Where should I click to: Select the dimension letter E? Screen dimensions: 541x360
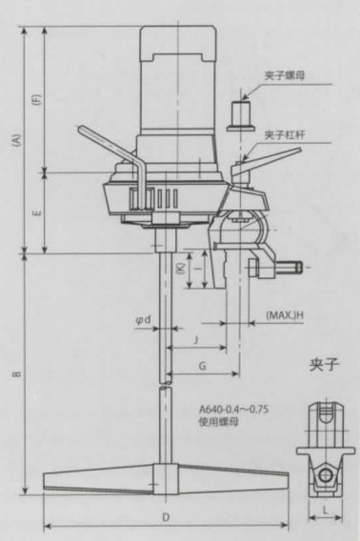[37, 214]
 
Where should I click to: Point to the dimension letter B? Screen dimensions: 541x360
[16, 375]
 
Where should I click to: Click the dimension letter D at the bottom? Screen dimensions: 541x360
[166, 517]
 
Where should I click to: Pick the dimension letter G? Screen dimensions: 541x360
[201, 366]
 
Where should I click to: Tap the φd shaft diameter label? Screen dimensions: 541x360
[144, 321]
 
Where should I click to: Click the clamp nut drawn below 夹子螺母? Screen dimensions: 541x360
[241, 114]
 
